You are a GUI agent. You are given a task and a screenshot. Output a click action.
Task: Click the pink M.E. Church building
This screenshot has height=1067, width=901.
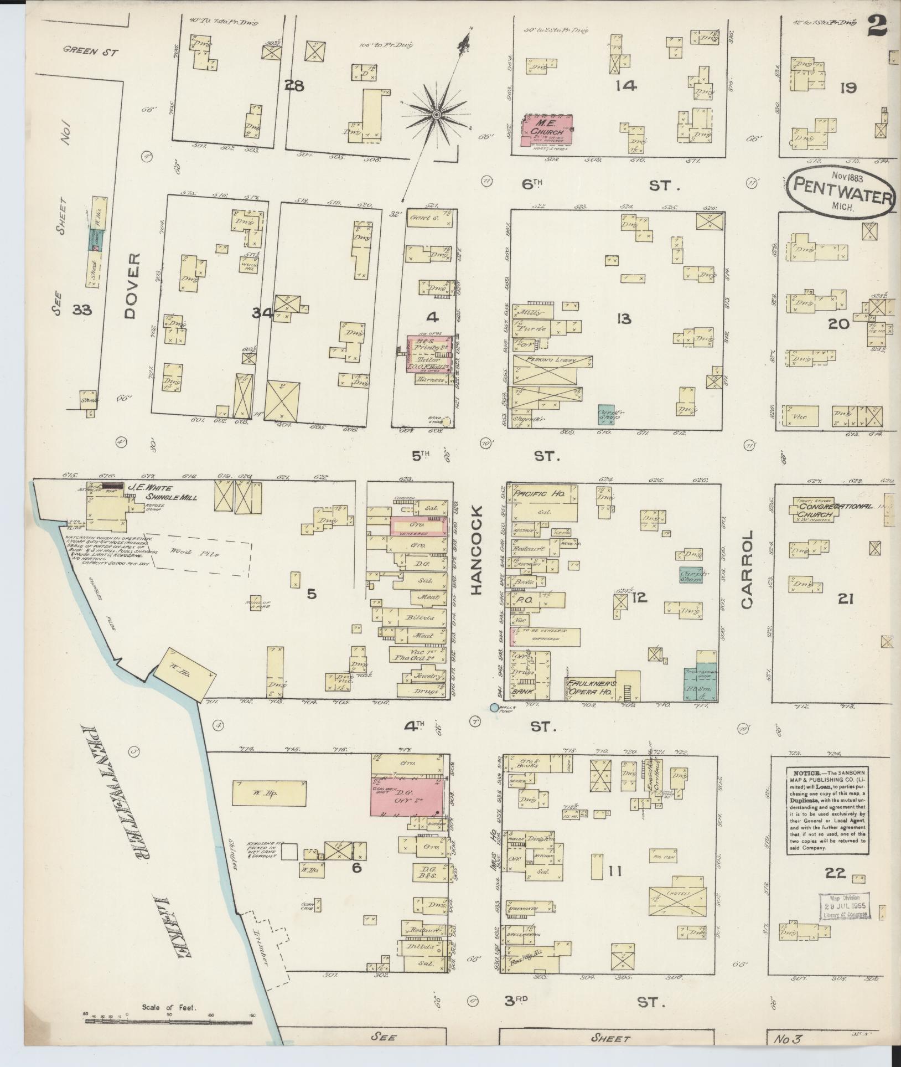pyautogui.click(x=547, y=130)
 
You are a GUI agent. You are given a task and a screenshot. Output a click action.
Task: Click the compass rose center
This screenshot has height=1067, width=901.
pyautogui.click(x=437, y=114)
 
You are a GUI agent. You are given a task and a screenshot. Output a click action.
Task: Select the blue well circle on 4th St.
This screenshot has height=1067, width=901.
pyautogui.click(x=494, y=707)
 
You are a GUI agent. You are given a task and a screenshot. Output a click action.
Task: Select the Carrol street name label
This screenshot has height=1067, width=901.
pyautogui.click(x=747, y=570)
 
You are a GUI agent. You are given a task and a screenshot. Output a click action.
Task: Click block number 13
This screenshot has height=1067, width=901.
pyautogui.click(x=624, y=319)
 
